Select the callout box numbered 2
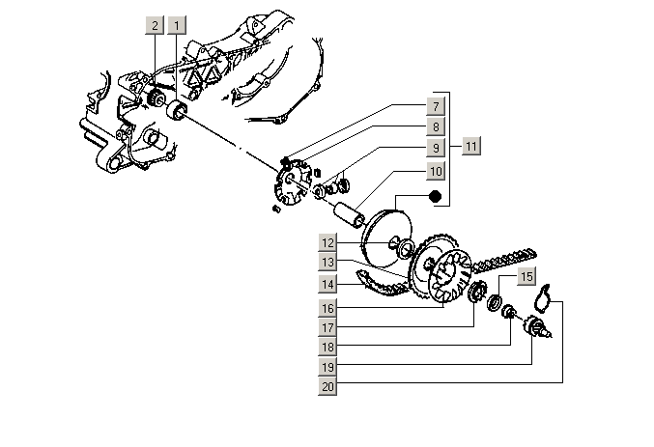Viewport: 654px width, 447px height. click(155, 25)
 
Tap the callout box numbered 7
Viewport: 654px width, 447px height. click(436, 106)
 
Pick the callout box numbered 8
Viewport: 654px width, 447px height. click(436, 127)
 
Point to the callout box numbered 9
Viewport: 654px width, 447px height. click(436, 149)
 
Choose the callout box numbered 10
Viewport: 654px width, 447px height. click(436, 171)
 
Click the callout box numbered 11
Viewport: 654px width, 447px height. click(470, 147)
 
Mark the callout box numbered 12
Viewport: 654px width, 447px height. click(328, 242)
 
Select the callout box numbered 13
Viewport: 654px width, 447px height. click(328, 263)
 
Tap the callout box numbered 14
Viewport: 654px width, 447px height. click(328, 284)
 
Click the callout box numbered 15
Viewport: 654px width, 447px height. click(525, 277)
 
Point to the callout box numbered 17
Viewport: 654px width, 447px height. click(328, 327)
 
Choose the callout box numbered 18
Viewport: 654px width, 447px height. click(328, 347)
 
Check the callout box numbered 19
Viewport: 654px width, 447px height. click(328, 367)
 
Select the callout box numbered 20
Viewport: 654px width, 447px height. click(328, 387)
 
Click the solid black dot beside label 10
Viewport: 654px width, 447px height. click(435, 198)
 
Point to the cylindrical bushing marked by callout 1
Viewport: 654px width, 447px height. click(177, 115)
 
